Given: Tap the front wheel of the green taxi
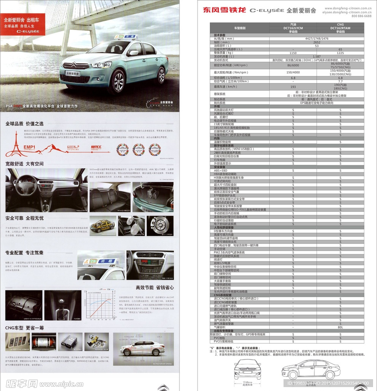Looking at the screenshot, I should [x=118, y=81].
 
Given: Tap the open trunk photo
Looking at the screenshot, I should [x=153, y=197].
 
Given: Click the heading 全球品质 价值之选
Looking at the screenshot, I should [x=24, y=124].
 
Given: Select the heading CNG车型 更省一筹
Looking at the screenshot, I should [x=24, y=328].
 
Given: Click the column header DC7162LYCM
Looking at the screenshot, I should [x=293, y=28].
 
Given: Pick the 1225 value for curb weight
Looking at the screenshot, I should [x=340, y=53].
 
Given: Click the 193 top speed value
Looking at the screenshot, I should [x=293, y=87].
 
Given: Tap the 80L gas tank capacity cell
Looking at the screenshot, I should [x=340, y=327].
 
